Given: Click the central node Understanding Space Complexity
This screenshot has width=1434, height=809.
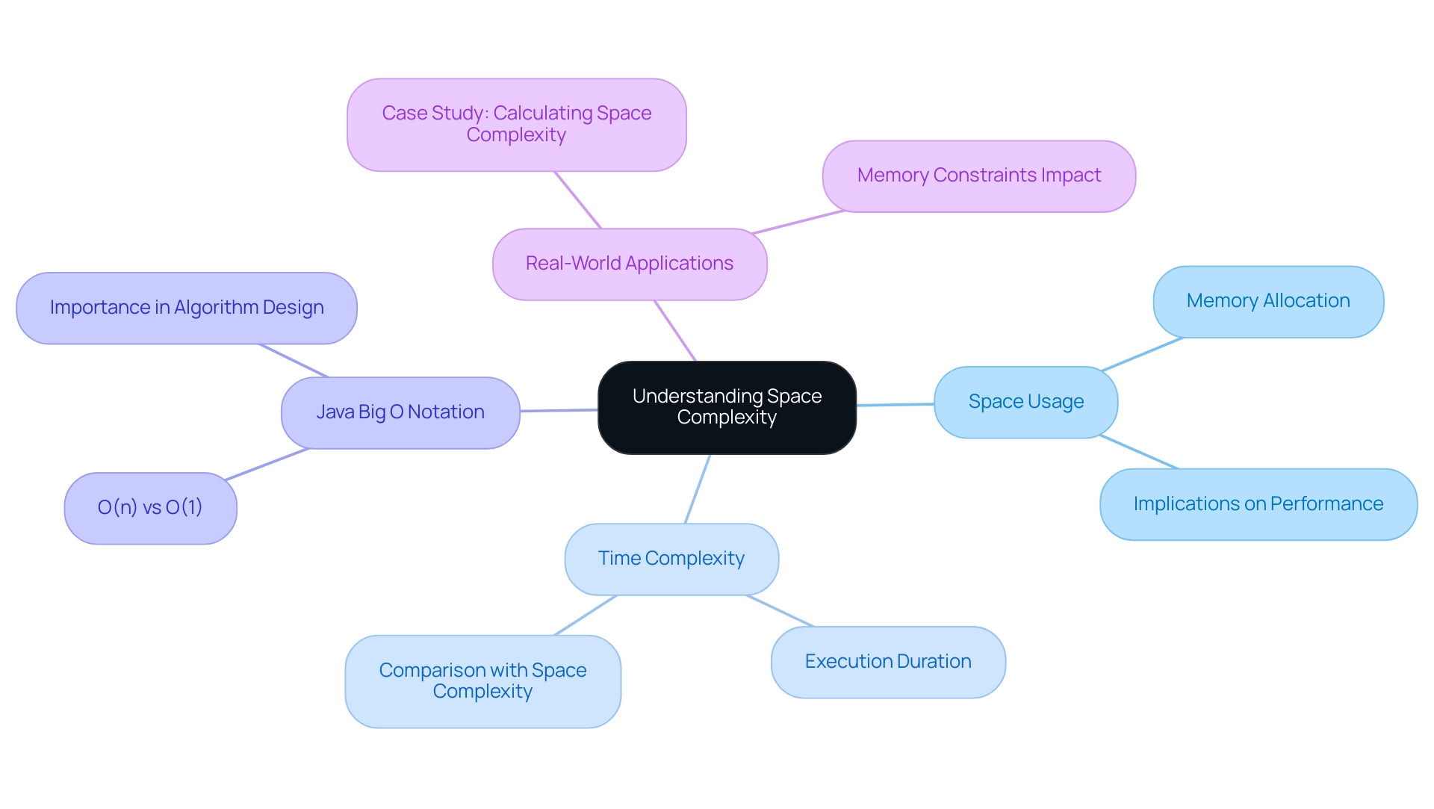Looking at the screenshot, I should pyautogui.click(x=727, y=407).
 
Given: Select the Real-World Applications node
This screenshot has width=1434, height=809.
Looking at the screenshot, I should pyautogui.click(x=630, y=264).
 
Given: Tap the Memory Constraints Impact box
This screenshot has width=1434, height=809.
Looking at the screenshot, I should pyautogui.click(x=978, y=176).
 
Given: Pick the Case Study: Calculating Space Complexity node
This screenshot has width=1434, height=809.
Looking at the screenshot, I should pyautogui.click(x=516, y=124).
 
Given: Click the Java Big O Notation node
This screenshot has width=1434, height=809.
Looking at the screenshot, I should pyautogui.click(x=400, y=412).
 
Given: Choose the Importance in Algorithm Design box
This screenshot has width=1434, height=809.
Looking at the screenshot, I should pyautogui.click(x=187, y=308).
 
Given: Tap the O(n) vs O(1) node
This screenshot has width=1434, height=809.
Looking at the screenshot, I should pyautogui.click(x=150, y=508).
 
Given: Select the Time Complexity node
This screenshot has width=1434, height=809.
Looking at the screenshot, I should pyautogui.click(x=671, y=559).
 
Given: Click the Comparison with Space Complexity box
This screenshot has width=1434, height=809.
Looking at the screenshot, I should pyautogui.click(x=482, y=681).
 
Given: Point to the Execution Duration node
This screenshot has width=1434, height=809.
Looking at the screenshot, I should pyautogui.click(x=888, y=662).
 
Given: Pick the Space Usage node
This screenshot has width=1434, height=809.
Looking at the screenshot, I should pyautogui.click(x=1025, y=402).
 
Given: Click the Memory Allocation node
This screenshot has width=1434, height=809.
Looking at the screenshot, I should pyautogui.click(x=1268, y=301).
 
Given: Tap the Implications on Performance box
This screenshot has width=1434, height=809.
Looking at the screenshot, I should pyautogui.click(x=1258, y=504).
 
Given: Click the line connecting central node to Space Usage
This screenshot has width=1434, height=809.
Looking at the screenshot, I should pyautogui.click(x=895, y=404).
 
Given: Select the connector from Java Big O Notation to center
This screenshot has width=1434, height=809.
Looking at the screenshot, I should pyautogui.click(x=559, y=410).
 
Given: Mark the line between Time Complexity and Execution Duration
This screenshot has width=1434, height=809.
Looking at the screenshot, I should pyautogui.click(x=780, y=611).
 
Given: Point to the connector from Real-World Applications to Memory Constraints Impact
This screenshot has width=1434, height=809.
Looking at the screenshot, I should pyautogui.click(x=798, y=222).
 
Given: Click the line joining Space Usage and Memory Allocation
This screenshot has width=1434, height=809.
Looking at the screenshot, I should pyautogui.click(x=1142, y=354).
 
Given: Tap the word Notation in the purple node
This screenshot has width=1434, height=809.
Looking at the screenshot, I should pyautogui.click(x=446, y=412).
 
